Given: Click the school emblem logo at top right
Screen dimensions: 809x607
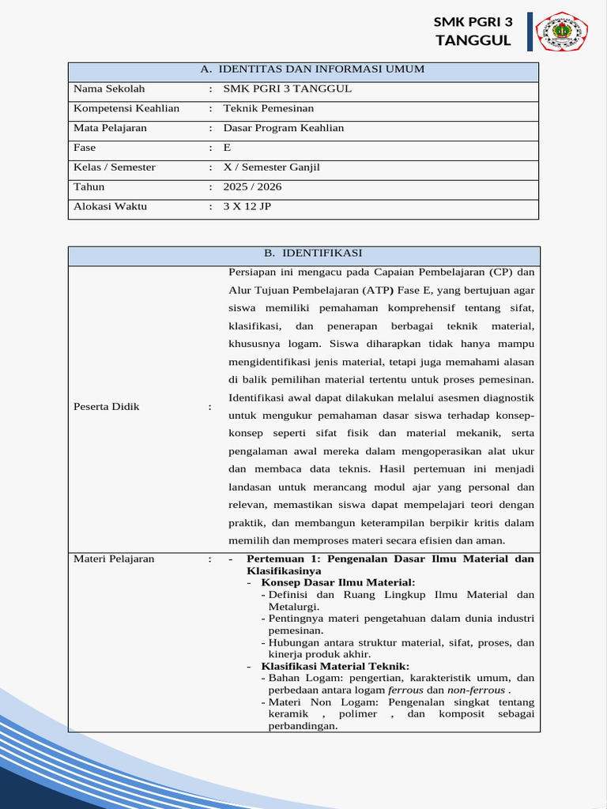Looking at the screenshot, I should point(562,32).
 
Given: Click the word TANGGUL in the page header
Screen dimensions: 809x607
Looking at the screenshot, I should point(473,41).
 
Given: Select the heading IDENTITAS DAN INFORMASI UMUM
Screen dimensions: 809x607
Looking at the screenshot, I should point(311,70).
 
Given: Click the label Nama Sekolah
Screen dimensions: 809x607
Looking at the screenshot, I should point(109,88).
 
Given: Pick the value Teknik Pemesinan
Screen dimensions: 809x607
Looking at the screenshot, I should point(269,108).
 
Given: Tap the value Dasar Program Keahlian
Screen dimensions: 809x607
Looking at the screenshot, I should point(284,128).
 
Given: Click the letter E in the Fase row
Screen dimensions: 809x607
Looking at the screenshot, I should point(227,148).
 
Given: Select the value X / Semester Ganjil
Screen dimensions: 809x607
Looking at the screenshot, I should point(271,167).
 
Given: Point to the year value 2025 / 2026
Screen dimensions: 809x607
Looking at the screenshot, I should point(252,187).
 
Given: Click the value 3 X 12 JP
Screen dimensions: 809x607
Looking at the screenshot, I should point(247,207).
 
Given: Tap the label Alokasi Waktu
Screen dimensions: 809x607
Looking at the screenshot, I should point(110,207).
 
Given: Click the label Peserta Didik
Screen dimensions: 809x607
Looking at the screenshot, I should point(106,406).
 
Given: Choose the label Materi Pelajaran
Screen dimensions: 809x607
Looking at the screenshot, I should point(114,559).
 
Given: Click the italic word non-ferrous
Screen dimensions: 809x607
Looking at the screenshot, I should point(477,690).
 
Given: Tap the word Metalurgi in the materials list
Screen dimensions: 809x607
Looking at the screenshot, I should point(294,607).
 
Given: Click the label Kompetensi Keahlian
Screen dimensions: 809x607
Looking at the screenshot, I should point(126,108).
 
